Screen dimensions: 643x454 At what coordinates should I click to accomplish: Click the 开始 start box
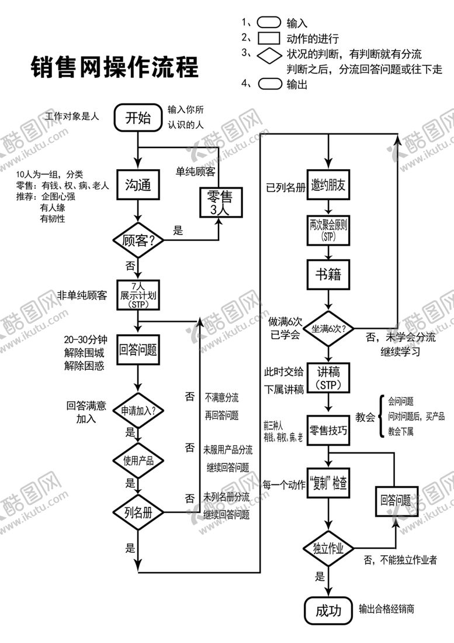[x=138, y=118]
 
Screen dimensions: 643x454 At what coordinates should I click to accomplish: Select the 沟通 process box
[x=138, y=185]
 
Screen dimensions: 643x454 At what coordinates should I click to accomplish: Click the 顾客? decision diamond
[x=138, y=240]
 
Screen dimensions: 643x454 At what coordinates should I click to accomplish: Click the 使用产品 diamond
[x=138, y=461]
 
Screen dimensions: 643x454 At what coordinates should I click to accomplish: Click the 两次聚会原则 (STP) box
[x=329, y=230]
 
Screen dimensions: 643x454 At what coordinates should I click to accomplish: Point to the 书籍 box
[x=329, y=274]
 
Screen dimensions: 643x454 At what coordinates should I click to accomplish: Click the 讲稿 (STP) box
[x=329, y=378]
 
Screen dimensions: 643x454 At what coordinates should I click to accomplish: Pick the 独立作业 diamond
[x=329, y=549]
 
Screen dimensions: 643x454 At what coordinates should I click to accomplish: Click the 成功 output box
[x=329, y=611]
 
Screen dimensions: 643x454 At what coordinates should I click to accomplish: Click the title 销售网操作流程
[x=115, y=67]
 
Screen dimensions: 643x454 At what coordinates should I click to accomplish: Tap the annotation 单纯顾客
[x=195, y=171]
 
